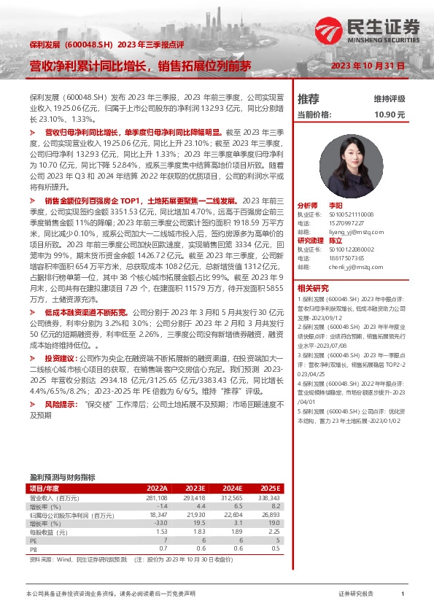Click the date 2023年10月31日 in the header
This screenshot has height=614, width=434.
tap(368, 66)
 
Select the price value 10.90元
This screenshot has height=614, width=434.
tap(390, 114)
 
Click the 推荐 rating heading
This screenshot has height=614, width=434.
tap(309, 98)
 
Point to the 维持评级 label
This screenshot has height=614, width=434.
tap(390, 98)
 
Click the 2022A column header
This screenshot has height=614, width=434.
tap(157, 488)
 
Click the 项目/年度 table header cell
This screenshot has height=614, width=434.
tap(45, 488)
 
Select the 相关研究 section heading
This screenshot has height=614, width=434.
tap(313, 288)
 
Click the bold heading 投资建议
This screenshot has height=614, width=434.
tap(61, 360)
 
